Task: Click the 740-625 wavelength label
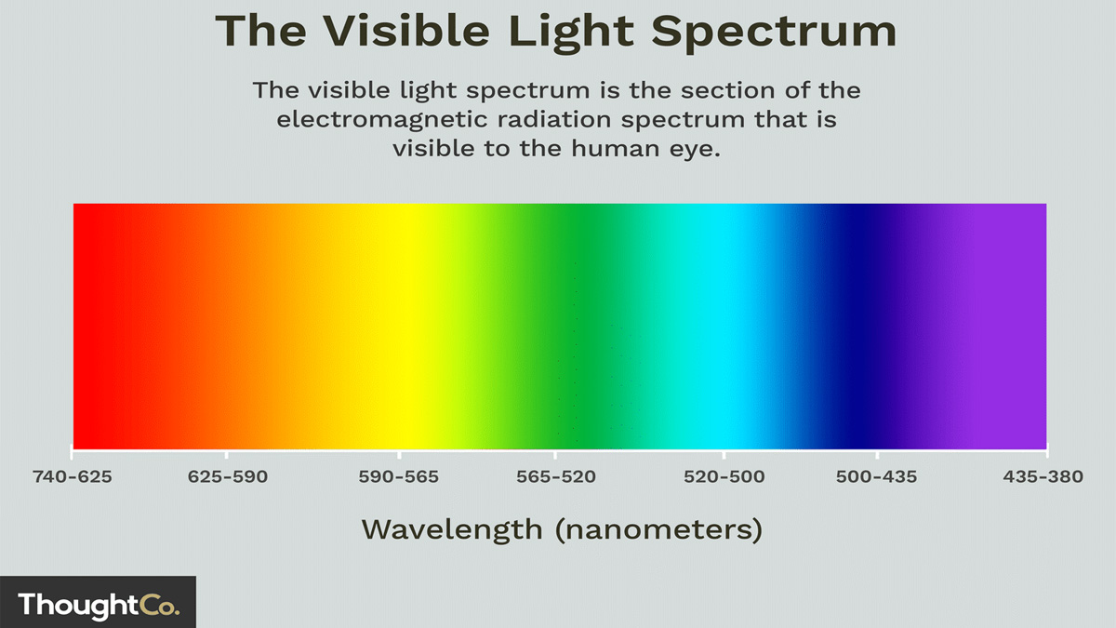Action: click(x=73, y=477)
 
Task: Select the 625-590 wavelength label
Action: click(x=228, y=477)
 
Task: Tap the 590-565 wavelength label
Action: click(x=399, y=477)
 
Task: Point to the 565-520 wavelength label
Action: click(x=556, y=477)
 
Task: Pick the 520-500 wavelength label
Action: click(x=724, y=477)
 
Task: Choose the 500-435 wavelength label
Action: click(x=876, y=477)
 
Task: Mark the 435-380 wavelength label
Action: click(x=1043, y=477)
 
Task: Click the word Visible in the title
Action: click(x=406, y=31)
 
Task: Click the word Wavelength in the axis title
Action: click(x=452, y=530)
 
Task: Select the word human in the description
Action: click(x=615, y=148)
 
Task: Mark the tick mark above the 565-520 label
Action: click(x=555, y=455)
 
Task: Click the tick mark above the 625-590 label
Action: click(x=227, y=455)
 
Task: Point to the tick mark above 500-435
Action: click(x=877, y=455)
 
